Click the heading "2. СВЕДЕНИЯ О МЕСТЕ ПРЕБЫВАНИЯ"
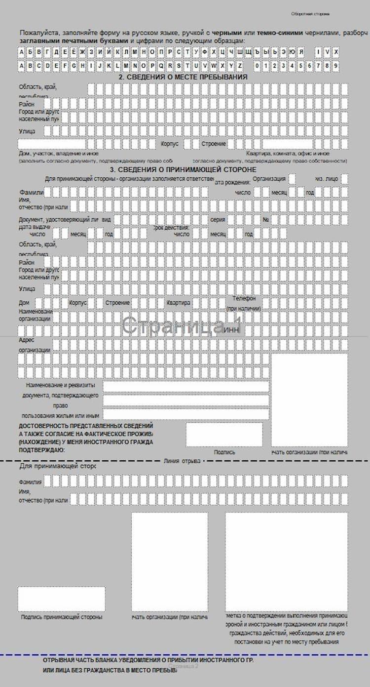coord(183,78)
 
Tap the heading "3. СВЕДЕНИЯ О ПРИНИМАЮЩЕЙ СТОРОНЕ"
coord(183,169)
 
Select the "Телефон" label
coord(244,299)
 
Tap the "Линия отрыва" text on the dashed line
coord(182,461)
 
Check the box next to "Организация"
coord(293,179)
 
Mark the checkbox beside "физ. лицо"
coord(344,179)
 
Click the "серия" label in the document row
coord(218,219)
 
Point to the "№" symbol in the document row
coord(265,219)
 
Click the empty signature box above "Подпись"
coord(224,434)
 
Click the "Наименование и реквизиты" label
coord(60,385)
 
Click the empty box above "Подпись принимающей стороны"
coord(62,599)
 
